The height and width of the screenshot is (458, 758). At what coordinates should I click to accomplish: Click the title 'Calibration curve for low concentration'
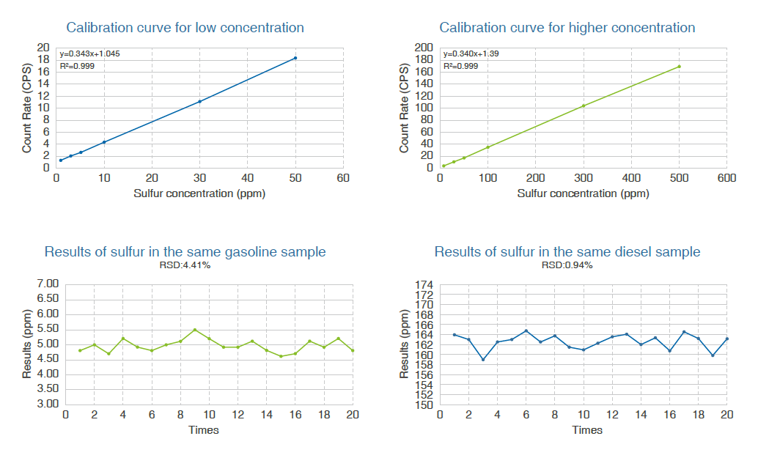[x=185, y=28]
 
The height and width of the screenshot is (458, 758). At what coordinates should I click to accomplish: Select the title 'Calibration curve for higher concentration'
[x=567, y=28]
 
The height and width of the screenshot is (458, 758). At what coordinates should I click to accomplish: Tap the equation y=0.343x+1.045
[x=89, y=53]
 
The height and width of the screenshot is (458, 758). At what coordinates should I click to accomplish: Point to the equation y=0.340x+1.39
[x=471, y=53]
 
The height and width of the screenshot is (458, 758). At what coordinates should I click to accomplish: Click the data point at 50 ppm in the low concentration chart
[x=295, y=58]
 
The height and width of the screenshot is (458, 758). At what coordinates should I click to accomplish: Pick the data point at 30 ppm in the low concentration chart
[x=199, y=101]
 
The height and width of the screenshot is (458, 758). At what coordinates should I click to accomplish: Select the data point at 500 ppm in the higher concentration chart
[x=679, y=67]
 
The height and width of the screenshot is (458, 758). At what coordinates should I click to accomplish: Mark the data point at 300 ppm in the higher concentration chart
[x=584, y=106]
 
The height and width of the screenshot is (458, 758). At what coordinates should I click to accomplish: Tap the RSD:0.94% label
[x=567, y=265]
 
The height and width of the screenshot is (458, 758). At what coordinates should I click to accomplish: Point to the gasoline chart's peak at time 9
[x=195, y=330]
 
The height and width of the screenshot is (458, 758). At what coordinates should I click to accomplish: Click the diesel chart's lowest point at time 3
[x=483, y=359]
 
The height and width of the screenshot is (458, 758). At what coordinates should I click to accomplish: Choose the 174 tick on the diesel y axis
[x=425, y=284]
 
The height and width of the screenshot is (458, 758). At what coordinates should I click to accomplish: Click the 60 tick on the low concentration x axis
[x=343, y=178]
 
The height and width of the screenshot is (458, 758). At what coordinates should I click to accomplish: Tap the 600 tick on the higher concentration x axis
[x=726, y=178]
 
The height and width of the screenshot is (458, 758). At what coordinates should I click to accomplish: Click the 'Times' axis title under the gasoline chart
[x=204, y=429]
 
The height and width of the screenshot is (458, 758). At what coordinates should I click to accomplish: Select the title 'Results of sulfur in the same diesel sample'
[x=567, y=252]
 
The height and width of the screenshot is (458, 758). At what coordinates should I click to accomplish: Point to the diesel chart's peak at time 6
[x=526, y=330]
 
